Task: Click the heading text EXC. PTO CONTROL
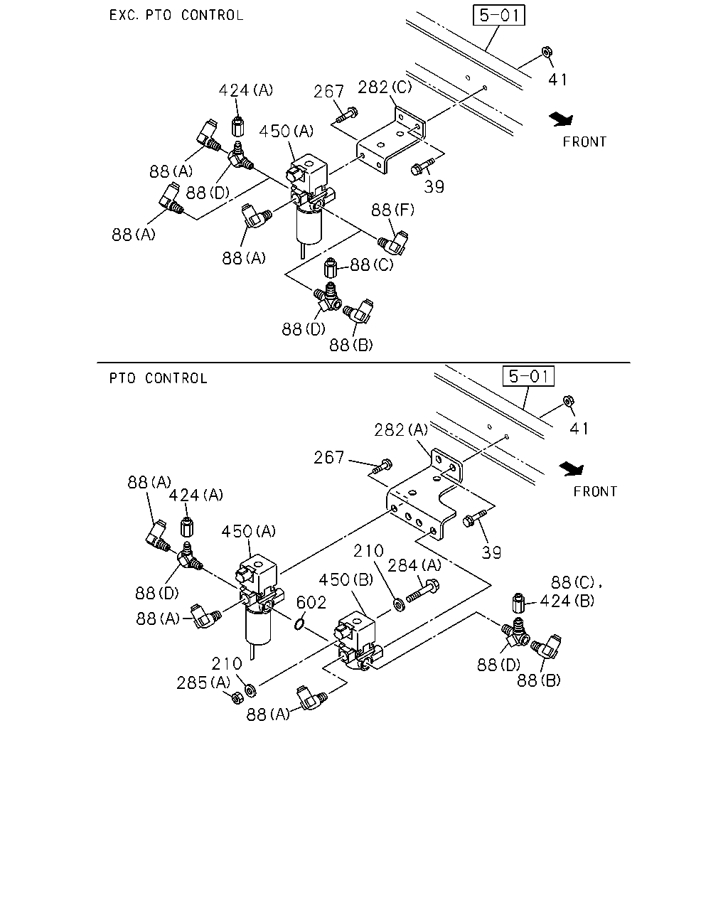click(x=176, y=15)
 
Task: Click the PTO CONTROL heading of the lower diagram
click(x=159, y=378)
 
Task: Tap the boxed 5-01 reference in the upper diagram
click(x=499, y=15)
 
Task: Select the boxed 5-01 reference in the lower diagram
click(x=528, y=376)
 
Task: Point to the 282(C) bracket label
click(x=385, y=87)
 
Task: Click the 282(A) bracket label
click(x=401, y=430)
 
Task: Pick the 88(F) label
click(x=392, y=210)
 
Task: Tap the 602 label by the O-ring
click(x=311, y=603)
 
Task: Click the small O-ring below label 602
click(x=299, y=623)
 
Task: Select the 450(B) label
click(x=346, y=579)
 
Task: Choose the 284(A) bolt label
click(x=414, y=565)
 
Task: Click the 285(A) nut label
click(x=203, y=682)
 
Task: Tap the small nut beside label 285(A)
click(x=237, y=697)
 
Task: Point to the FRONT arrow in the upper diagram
click(x=562, y=119)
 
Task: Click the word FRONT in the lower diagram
click(x=595, y=491)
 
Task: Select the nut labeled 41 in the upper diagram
click(x=547, y=52)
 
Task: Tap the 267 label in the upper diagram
click(x=328, y=92)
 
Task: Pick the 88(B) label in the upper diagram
click(x=351, y=346)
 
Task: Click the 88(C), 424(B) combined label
click(x=571, y=592)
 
